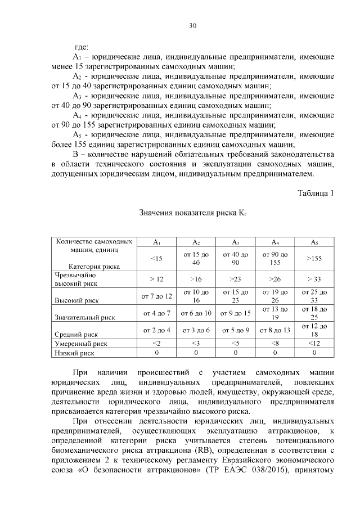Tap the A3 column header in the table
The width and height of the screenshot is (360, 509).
click(236, 242)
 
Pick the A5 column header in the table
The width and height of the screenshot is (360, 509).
click(314, 242)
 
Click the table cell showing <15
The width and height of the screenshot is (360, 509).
click(157, 258)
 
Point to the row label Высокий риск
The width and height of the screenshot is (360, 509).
click(74, 301)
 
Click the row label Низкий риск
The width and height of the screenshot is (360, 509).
click(74, 353)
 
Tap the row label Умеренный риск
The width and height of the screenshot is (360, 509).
click(79, 343)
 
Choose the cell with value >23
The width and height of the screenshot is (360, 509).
click(236, 279)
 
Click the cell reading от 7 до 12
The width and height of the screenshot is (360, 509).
click(157, 296)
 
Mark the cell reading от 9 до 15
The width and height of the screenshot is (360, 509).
click(236, 313)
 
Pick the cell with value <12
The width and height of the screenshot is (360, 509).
click(314, 343)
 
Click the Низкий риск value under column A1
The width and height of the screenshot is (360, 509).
click(157, 353)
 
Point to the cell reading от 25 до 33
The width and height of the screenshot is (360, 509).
click(314, 296)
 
